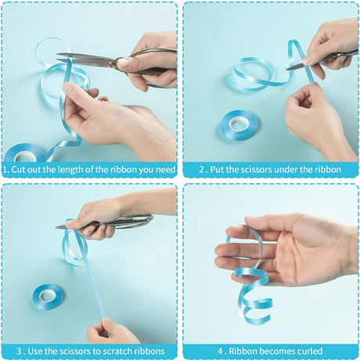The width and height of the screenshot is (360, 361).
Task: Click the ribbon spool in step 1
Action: pyautogui.click(x=25, y=153)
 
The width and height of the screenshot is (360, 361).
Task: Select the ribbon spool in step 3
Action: pyautogui.click(x=48, y=297)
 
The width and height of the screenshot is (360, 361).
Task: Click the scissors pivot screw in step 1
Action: pyautogui.click(x=111, y=64)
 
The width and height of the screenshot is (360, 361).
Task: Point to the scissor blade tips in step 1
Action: pyautogui.click(x=58, y=57)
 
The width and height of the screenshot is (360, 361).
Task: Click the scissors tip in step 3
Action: pyautogui.click(x=57, y=227)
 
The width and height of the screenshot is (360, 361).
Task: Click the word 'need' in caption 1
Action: pyautogui.click(x=165, y=170)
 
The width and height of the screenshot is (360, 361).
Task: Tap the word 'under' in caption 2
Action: pyautogui.click(x=286, y=170)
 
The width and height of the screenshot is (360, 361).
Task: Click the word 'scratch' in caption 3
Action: pyautogui.click(x=115, y=351)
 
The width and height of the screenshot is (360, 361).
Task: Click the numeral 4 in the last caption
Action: pyautogui.click(x=220, y=351)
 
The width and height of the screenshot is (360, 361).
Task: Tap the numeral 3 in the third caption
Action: pyautogui.click(x=19, y=351)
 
